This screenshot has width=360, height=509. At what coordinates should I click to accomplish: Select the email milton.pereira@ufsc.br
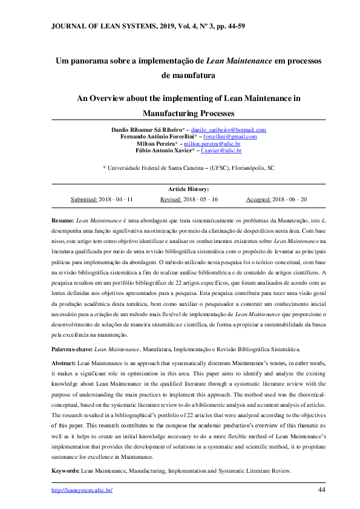216,144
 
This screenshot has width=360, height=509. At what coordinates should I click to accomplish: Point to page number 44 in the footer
322,490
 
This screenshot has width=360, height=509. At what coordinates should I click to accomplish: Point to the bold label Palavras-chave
72,349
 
